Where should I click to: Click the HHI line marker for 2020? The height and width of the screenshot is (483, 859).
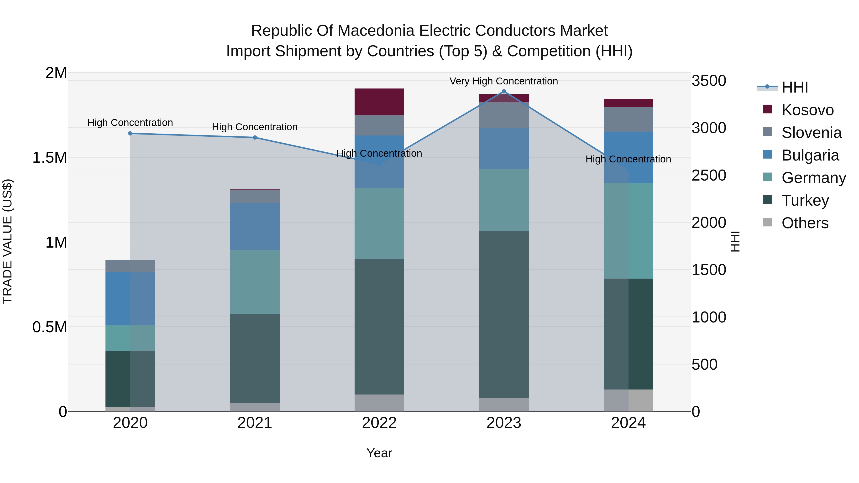[x=130, y=133]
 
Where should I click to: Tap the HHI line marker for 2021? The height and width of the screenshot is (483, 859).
[x=255, y=137]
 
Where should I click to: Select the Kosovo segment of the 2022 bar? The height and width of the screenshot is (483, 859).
[x=379, y=102]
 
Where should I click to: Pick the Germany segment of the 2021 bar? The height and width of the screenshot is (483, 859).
[x=255, y=282]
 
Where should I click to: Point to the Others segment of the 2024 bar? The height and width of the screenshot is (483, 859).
[x=628, y=400]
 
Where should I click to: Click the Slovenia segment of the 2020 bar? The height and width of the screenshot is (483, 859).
[x=130, y=266]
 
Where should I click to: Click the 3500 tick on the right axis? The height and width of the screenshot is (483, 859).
[x=709, y=81]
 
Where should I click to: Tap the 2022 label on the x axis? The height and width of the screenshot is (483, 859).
[x=379, y=423]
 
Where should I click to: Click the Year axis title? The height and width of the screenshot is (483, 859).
[x=379, y=453]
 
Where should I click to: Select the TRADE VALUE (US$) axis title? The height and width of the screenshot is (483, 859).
[x=7, y=241]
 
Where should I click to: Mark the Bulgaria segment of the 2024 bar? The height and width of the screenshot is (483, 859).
[x=628, y=157]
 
